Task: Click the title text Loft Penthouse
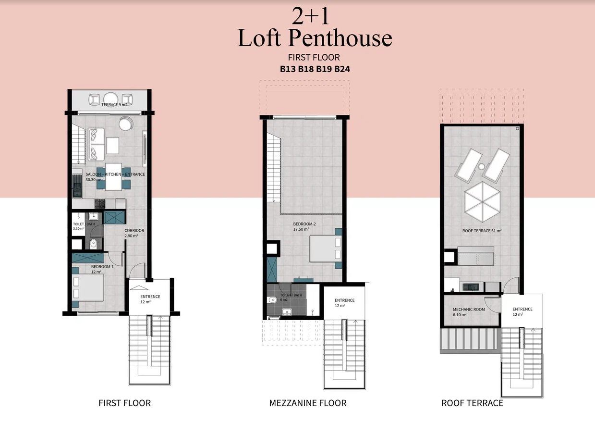[x=315, y=38]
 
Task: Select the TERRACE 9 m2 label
[x=114, y=105]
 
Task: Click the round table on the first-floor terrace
[x=111, y=99]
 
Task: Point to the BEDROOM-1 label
[x=102, y=266]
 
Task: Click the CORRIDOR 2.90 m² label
[x=134, y=233]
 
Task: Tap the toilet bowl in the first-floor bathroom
[x=93, y=244]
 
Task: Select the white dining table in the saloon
[x=114, y=177]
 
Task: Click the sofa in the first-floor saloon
[x=96, y=144]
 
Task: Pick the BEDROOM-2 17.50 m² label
[x=304, y=226]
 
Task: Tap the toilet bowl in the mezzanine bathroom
[x=272, y=300]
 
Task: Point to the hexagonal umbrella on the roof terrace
[x=482, y=202]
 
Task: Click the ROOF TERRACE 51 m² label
[x=482, y=231]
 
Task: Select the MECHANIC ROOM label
[x=469, y=310]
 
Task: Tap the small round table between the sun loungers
[x=482, y=167]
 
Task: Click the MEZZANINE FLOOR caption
[x=308, y=403]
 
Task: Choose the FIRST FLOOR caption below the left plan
[x=124, y=403]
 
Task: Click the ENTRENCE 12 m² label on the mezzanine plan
[x=344, y=303]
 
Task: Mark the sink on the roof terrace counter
[x=471, y=287]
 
